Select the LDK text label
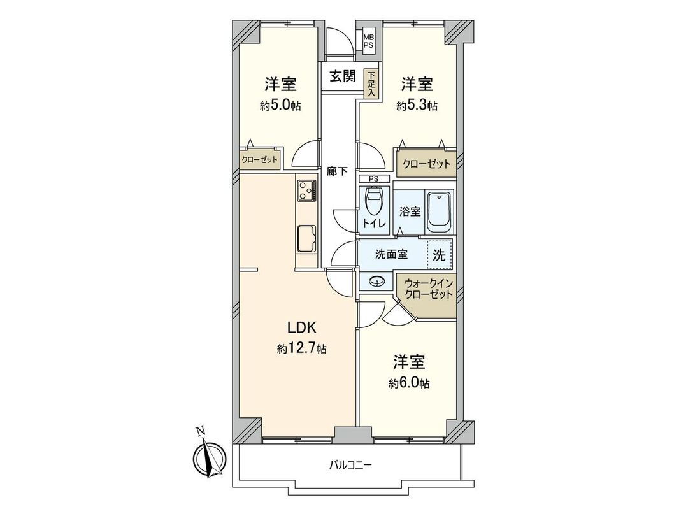[x=302, y=328]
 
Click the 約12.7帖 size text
[x=302, y=348]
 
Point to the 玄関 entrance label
[x=343, y=76]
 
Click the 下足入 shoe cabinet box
[x=371, y=83]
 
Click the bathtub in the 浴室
[x=439, y=211]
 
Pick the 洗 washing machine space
[x=440, y=255]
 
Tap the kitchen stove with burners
[x=306, y=189]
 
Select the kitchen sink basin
[x=306, y=239]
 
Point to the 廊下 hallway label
[x=338, y=171]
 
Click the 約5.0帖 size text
[x=280, y=105]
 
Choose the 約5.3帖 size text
[x=417, y=105]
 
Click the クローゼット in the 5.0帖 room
[x=259, y=161]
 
